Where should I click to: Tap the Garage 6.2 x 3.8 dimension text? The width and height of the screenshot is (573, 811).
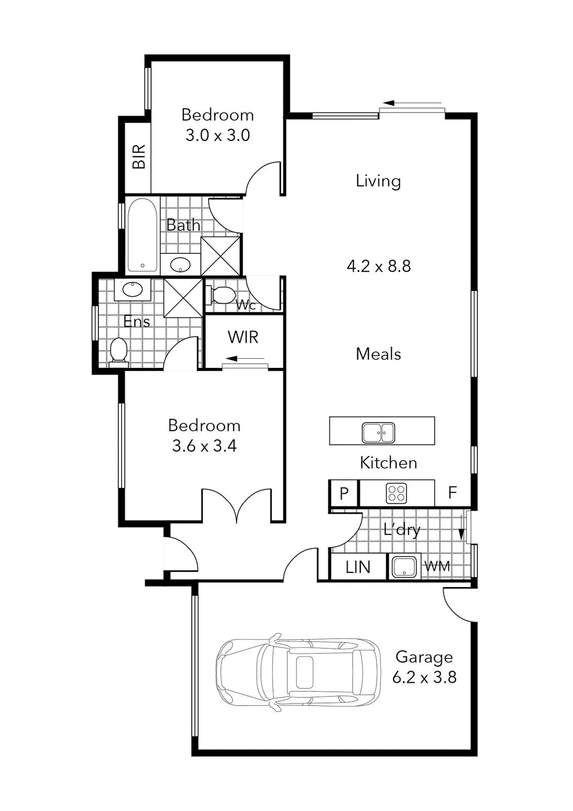pos(425,677)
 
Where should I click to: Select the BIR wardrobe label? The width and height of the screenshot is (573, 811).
pos(139,157)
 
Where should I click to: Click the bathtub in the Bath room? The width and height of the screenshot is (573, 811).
pos(142,235)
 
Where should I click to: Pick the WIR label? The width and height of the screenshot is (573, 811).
pos(243,337)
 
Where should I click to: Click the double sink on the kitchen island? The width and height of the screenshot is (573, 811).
pos(378,432)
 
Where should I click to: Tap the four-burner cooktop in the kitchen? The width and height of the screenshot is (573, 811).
pos(396,493)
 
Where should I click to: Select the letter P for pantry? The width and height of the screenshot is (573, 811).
pos(344,493)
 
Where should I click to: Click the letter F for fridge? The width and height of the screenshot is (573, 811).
pos(452,492)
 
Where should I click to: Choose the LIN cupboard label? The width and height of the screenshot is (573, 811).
pos(358,567)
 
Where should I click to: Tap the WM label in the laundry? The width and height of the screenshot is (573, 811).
pos(437,566)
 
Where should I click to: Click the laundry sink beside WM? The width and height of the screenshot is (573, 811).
pos(404,567)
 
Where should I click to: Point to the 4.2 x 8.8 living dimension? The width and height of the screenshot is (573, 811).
pos(378,266)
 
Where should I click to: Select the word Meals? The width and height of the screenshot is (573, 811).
pos(378,354)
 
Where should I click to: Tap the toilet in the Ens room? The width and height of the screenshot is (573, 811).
pos(119,351)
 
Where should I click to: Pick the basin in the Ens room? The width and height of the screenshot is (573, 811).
pos(133,289)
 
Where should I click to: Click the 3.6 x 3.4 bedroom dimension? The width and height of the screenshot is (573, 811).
pos(204,446)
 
